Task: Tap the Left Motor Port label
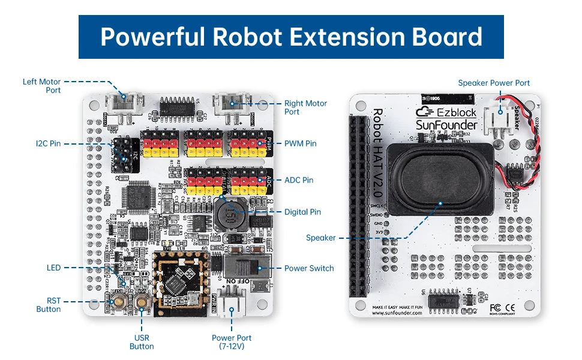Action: pos(41,86)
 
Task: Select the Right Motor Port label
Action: pos(305,107)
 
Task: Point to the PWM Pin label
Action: pos(300,143)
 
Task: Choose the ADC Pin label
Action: pos(299,180)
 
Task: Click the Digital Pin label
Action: pos(302,212)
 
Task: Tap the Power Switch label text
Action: pos(309,268)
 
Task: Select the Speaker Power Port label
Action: pos(494,83)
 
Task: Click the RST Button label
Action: pos(49,305)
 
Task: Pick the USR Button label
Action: pos(142,342)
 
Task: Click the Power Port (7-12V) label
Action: pos(232,342)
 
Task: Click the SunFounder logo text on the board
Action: pos(447,125)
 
